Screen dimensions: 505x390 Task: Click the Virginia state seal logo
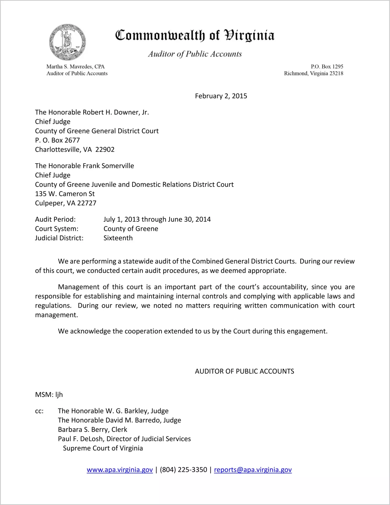point(67,42)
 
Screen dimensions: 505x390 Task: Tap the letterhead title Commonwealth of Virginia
point(195,35)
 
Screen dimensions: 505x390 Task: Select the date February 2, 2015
point(221,96)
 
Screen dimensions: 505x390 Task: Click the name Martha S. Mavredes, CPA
point(75,66)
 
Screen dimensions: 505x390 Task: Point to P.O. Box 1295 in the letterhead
point(327,66)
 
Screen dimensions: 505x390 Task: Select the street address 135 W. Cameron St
point(65,194)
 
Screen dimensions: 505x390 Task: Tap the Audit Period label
point(55,219)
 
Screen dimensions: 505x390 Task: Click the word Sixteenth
point(118,238)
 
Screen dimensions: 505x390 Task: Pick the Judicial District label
point(59,238)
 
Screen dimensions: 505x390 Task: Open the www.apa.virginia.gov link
point(120,470)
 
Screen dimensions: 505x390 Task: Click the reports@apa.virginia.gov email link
point(253,470)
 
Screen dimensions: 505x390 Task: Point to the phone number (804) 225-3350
point(183,470)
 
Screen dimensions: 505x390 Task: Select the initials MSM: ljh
point(49,395)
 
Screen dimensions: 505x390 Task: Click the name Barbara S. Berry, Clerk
point(92,429)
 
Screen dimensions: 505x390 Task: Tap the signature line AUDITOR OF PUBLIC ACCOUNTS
point(244,371)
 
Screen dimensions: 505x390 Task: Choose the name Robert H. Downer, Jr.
point(116,112)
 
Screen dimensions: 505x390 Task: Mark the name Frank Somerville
point(108,166)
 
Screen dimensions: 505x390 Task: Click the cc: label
point(39,411)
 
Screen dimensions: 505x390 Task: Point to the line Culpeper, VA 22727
point(66,203)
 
